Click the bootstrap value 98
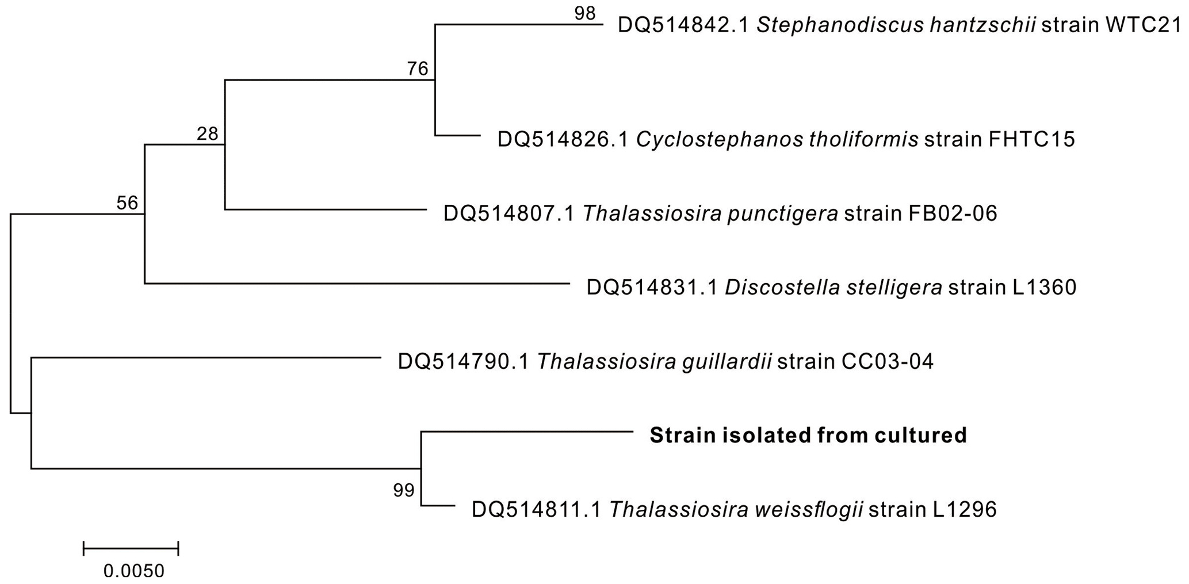tap(584, 13)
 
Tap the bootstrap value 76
tap(418, 68)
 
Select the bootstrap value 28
tap(207, 133)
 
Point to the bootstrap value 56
tap(127, 203)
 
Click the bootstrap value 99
tap(403, 490)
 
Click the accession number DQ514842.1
tap(683, 25)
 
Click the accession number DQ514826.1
tap(563, 139)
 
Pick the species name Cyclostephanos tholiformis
tap(777, 139)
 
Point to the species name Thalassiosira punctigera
tap(710, 213)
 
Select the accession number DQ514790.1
tap(464, 361)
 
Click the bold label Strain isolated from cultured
tap(808, 435)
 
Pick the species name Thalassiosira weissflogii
tap(736, 509)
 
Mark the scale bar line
tap(131, 548)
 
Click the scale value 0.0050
tap(134, 571)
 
